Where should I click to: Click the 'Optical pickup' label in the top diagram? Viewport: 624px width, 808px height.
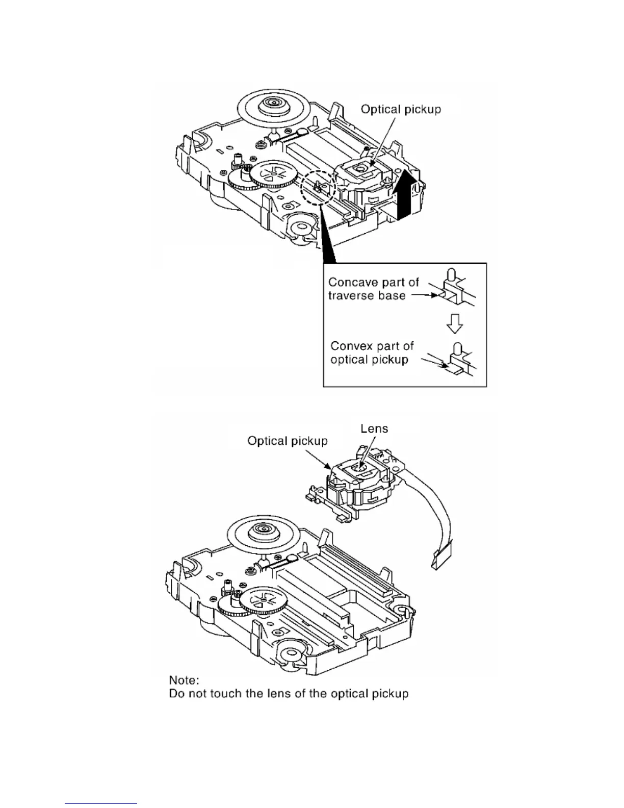click(401, 109)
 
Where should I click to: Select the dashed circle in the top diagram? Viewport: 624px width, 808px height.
click(317, 187)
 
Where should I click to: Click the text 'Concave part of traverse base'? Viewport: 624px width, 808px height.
click(373, 289)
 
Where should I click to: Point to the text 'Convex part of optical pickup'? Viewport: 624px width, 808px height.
click(372, 352)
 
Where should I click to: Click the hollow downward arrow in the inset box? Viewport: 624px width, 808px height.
click(454, 323)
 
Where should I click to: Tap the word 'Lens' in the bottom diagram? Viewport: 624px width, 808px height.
click(374, 428)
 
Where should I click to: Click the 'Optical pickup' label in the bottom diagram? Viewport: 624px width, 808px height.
click(288, 441)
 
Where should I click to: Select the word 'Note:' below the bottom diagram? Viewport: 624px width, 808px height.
click(184, 680)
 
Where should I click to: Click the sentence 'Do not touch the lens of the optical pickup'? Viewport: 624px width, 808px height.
click(289, 694)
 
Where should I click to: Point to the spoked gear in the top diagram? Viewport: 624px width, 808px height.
click(274, 175)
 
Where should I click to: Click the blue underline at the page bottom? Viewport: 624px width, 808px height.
click(101, 803)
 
